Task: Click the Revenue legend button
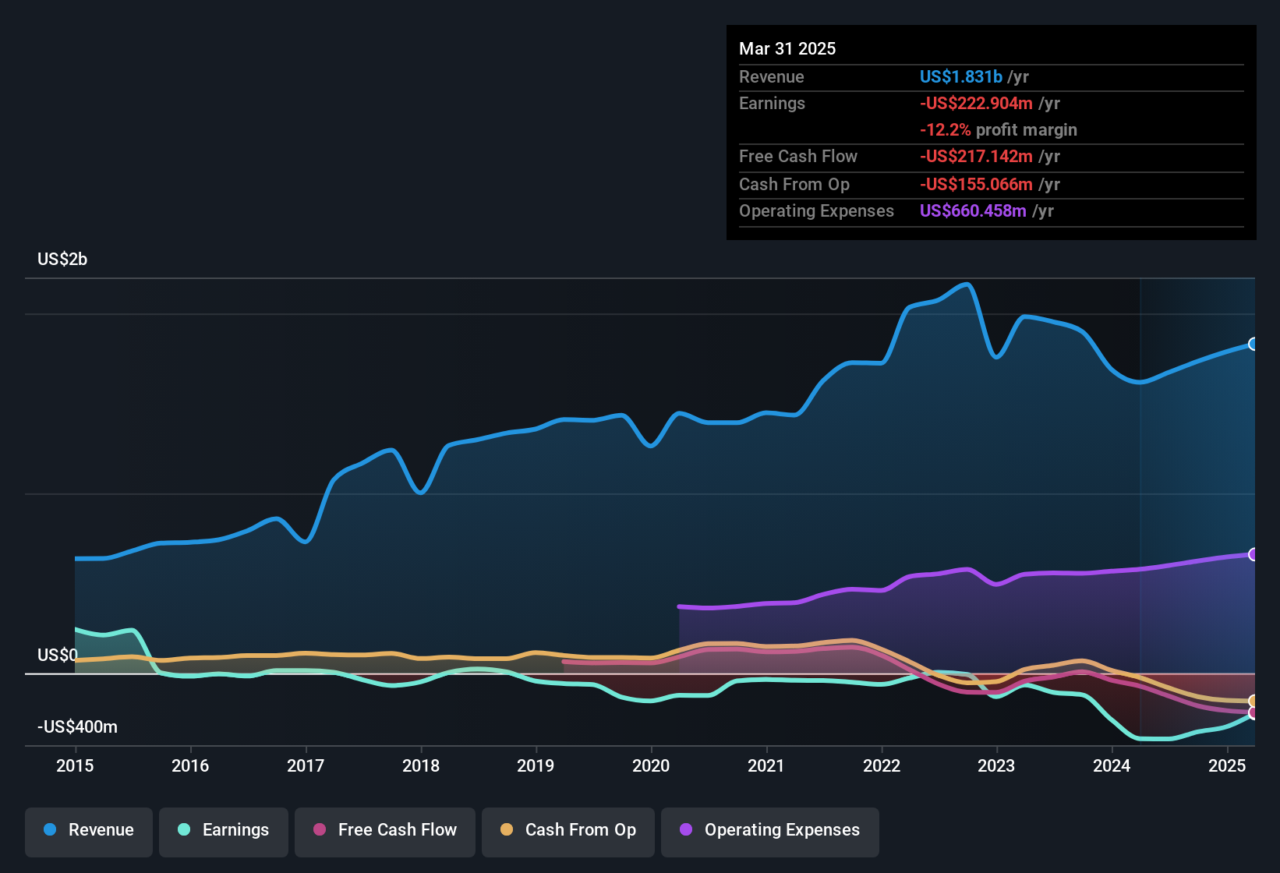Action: click(x=89, y=830)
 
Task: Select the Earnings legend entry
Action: click(x=224, y=830)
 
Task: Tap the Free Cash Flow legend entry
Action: click(x=385, y=830)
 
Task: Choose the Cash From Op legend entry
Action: click(x=568, y=830)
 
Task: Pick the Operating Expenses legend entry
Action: click(x=770, y=830)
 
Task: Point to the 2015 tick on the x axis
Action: click(x=75, y=765)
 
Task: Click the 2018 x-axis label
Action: click(x=421, y=765)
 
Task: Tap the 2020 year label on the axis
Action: click(x=651, y=765)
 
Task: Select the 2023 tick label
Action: click(x=996, y=765)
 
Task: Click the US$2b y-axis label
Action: click(x=62, y=260)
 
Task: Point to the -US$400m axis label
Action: click(x=77, y=727)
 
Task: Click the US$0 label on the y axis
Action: click(x=57, y=655)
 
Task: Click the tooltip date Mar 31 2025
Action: click(x=787, y=49)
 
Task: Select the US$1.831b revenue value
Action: click(x=960, y=77)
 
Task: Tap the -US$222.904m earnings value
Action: click(x=976, y=104)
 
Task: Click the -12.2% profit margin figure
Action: click(x=945, y=130)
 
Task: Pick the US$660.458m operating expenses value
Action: click(x=973, y=211)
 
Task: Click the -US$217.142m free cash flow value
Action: click(x=976, y=157)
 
